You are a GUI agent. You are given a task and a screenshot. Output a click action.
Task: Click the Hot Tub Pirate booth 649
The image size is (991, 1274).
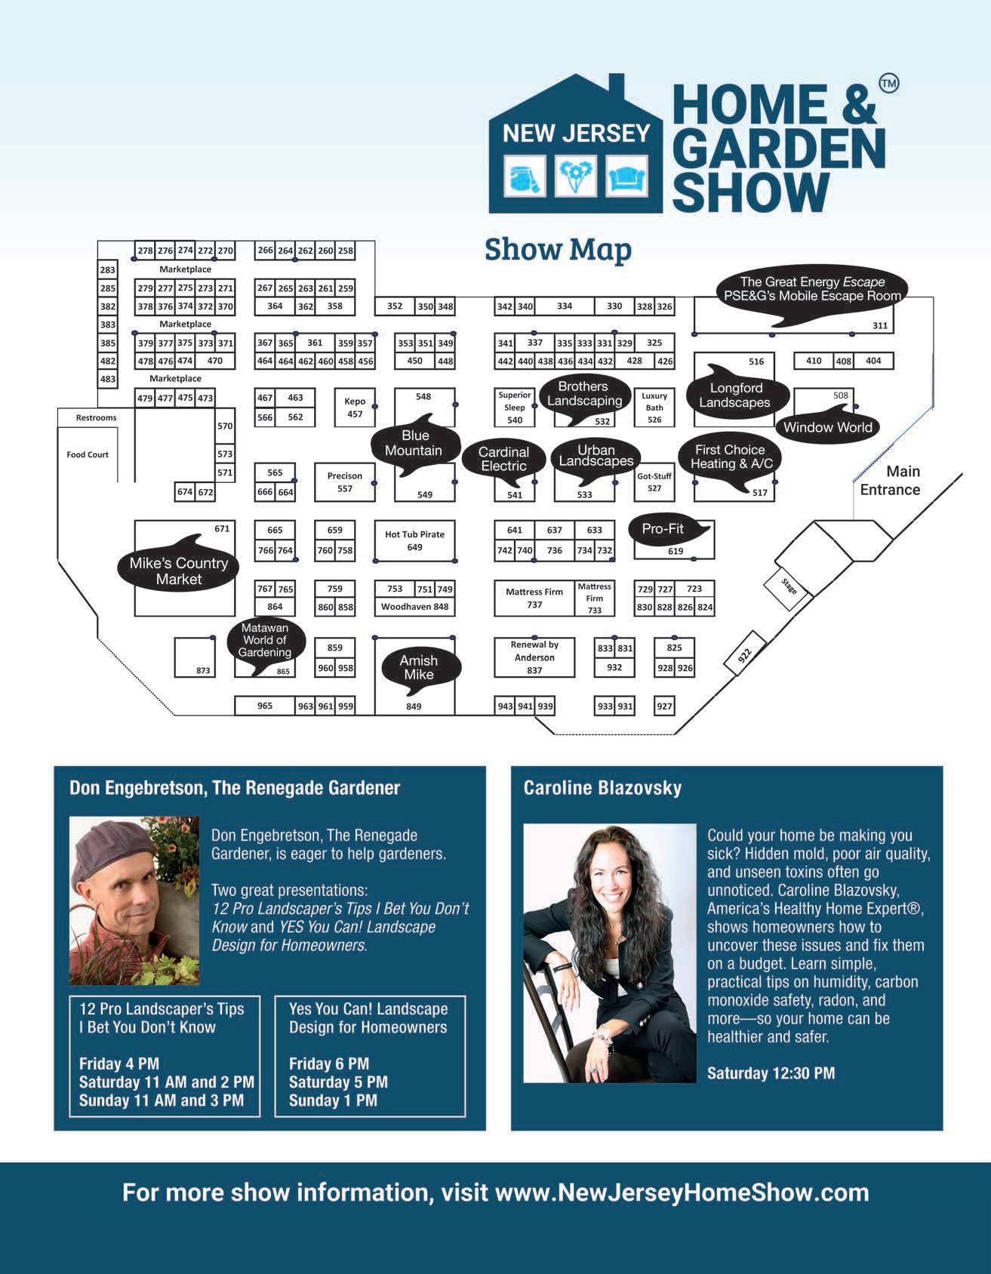click(x=414, y=540)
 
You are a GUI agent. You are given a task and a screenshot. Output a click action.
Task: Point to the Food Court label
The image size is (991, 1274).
click(x=88, y=454)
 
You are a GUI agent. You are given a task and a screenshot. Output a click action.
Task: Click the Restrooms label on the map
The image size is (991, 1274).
click(x=96, y=417)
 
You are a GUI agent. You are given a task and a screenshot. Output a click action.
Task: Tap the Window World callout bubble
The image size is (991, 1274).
click(x=827, y=427)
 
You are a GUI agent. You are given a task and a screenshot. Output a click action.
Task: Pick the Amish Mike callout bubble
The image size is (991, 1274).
click(x=418, y=666)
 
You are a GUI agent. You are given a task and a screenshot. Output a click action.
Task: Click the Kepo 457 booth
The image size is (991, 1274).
click(x=355, y=408)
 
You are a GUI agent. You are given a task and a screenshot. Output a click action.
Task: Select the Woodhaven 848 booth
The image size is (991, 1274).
click(x=414, y=607)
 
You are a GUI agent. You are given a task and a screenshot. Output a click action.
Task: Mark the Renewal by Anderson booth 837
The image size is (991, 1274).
click(x=534, y=657)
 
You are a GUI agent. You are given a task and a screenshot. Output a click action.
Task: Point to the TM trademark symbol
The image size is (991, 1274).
click(x=889, y=84)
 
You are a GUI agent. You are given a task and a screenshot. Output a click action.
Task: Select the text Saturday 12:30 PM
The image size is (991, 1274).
click(x=771, y=1072)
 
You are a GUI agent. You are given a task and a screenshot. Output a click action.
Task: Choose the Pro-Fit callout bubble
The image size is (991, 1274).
click(x=664, y=529)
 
